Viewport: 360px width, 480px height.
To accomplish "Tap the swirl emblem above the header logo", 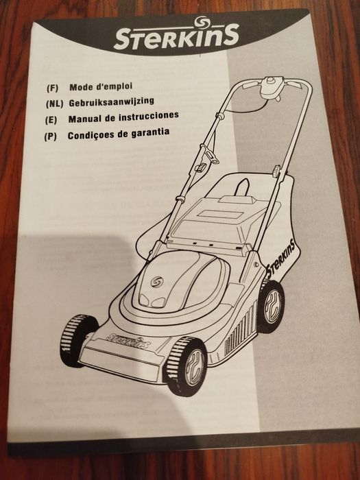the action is coord(201,23).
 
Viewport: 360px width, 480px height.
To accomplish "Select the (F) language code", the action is coord(52,88).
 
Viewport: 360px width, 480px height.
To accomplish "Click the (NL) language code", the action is coord(54,104).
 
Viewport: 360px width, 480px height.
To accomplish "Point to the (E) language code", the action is coord(51,120).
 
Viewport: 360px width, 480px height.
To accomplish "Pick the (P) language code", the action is coord(50,136).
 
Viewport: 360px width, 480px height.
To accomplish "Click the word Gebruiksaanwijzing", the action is coord(111,101).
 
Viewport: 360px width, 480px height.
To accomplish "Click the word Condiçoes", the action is coord(91,135).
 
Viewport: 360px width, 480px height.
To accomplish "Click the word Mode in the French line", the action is coord(81,87).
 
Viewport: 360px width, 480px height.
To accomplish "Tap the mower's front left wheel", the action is coord(76,340).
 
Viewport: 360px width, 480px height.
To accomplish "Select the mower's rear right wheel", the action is coord(271,307).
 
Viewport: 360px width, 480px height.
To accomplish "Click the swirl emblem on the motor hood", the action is coord(157,282).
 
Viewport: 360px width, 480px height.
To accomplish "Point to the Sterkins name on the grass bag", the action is coord(280,259).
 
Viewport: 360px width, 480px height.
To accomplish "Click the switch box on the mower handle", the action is coord(271,88).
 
